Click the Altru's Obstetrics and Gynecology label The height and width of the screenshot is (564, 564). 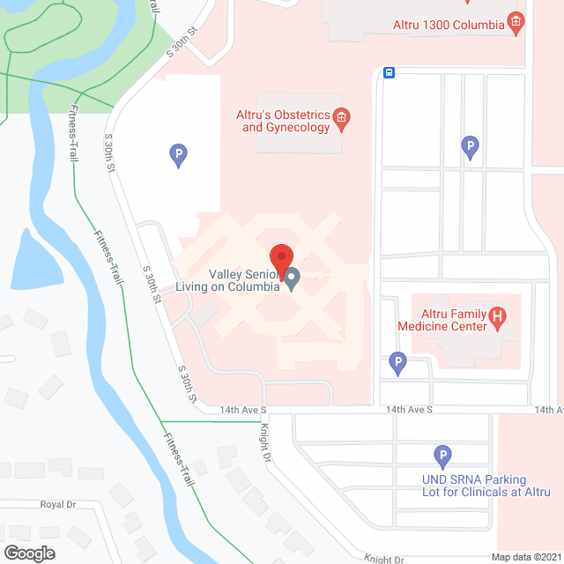(x=283, y=121)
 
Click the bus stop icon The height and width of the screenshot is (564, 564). (x=388, y=73)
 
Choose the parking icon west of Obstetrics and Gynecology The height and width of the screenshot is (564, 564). (x=178, y=156)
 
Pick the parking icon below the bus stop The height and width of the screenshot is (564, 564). (x=471, y=147)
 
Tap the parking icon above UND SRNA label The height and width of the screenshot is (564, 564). (x=443, y=456)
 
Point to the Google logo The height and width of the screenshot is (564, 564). (x=28, y=553)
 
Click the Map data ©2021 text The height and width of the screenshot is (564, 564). (x=526, y=557)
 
